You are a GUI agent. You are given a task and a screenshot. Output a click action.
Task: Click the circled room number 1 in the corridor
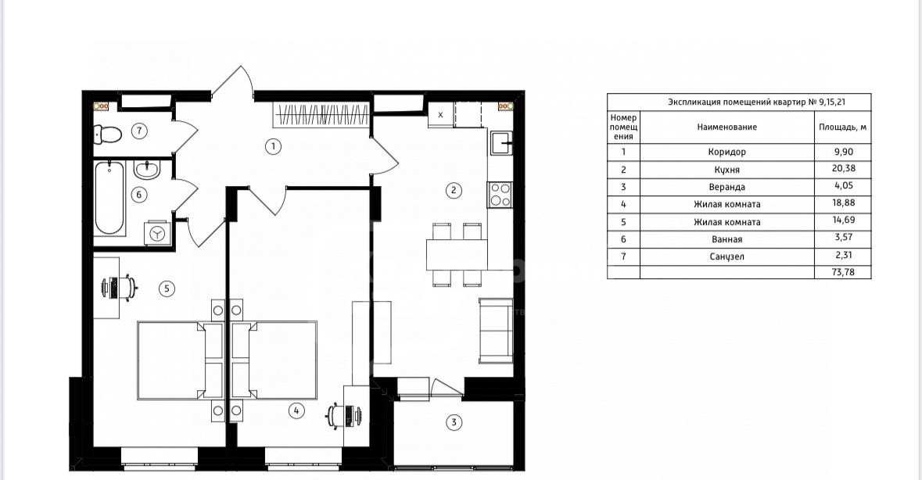273,146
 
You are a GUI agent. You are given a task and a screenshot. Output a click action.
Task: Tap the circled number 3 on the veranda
454,422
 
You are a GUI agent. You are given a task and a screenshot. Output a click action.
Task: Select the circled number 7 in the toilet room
138,131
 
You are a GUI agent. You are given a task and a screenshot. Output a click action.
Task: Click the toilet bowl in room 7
108,134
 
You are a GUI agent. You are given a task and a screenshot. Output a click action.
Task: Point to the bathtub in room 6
110,198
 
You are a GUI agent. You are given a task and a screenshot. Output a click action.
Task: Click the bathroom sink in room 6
145,170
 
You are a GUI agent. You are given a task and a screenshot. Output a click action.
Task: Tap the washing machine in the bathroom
158,233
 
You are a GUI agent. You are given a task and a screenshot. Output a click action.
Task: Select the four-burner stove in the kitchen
500,195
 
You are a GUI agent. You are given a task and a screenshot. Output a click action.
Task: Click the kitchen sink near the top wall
501,143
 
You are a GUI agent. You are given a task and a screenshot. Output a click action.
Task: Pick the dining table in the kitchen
457,254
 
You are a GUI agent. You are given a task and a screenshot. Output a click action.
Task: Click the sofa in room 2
496,330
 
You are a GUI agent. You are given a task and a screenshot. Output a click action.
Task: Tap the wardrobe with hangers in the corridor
321,113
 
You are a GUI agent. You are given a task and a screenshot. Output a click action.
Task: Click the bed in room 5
180,360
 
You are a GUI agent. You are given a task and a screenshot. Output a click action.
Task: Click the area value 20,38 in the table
843,169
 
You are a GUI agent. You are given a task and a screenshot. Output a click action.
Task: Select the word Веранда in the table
726,187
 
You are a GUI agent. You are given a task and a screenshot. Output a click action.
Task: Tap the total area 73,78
843,272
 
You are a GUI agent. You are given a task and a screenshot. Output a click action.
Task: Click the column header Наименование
726,127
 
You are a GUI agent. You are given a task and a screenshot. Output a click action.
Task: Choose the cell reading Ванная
726,239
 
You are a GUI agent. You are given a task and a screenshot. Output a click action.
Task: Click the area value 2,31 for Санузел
843,255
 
